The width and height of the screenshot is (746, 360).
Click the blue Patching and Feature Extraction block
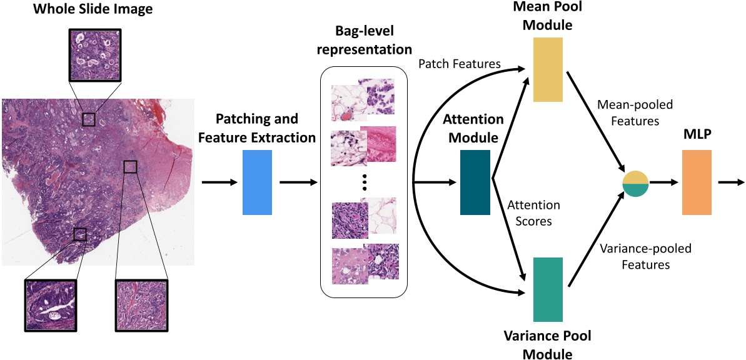click(x=256, y=182)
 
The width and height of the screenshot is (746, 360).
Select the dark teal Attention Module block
click(x=476, y=182)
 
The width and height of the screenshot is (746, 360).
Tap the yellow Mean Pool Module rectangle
click(x=548, y=69)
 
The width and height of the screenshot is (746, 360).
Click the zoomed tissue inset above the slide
click(x=94, y=56)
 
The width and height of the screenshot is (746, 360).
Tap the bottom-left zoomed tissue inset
click(x=49, y=305)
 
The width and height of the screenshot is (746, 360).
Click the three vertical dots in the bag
click(x=365, y=182)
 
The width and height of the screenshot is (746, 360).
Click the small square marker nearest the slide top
click(x=89, y=119)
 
